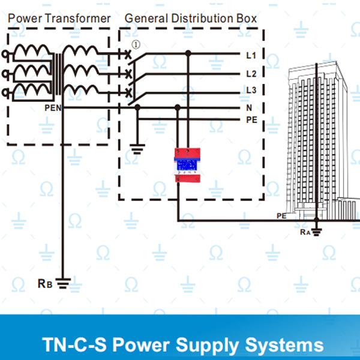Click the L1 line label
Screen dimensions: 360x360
pos(251,55)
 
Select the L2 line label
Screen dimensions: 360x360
pos(251,74)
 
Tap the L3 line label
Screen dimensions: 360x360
pos(251,90)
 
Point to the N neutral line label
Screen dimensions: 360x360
pos(249,107)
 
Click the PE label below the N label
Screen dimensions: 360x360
pos(251,120)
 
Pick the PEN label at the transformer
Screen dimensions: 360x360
pos(53,108)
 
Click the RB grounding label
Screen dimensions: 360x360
pos(45,284)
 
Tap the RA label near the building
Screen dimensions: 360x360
pos(305,232)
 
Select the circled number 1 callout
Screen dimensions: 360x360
pos(136,44)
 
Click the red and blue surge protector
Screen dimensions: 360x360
pos(187,165)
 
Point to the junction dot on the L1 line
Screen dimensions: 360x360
pos(188,53)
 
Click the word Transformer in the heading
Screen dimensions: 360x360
pos(77,19)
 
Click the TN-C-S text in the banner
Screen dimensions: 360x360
pos(74,344)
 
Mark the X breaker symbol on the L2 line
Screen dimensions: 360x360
pos(128,74)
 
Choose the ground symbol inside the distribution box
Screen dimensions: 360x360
pos(137,149)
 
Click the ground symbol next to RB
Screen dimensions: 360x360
pos(63,283)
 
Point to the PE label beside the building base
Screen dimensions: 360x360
pos(281,216)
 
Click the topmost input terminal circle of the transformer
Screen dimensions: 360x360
pos(5,54)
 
